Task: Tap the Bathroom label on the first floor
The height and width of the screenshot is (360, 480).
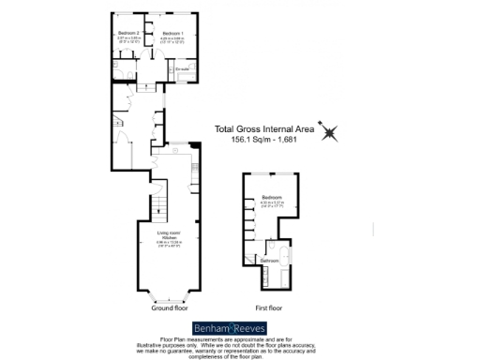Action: (270, 260)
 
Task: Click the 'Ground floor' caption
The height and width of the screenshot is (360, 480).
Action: (168, 307)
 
